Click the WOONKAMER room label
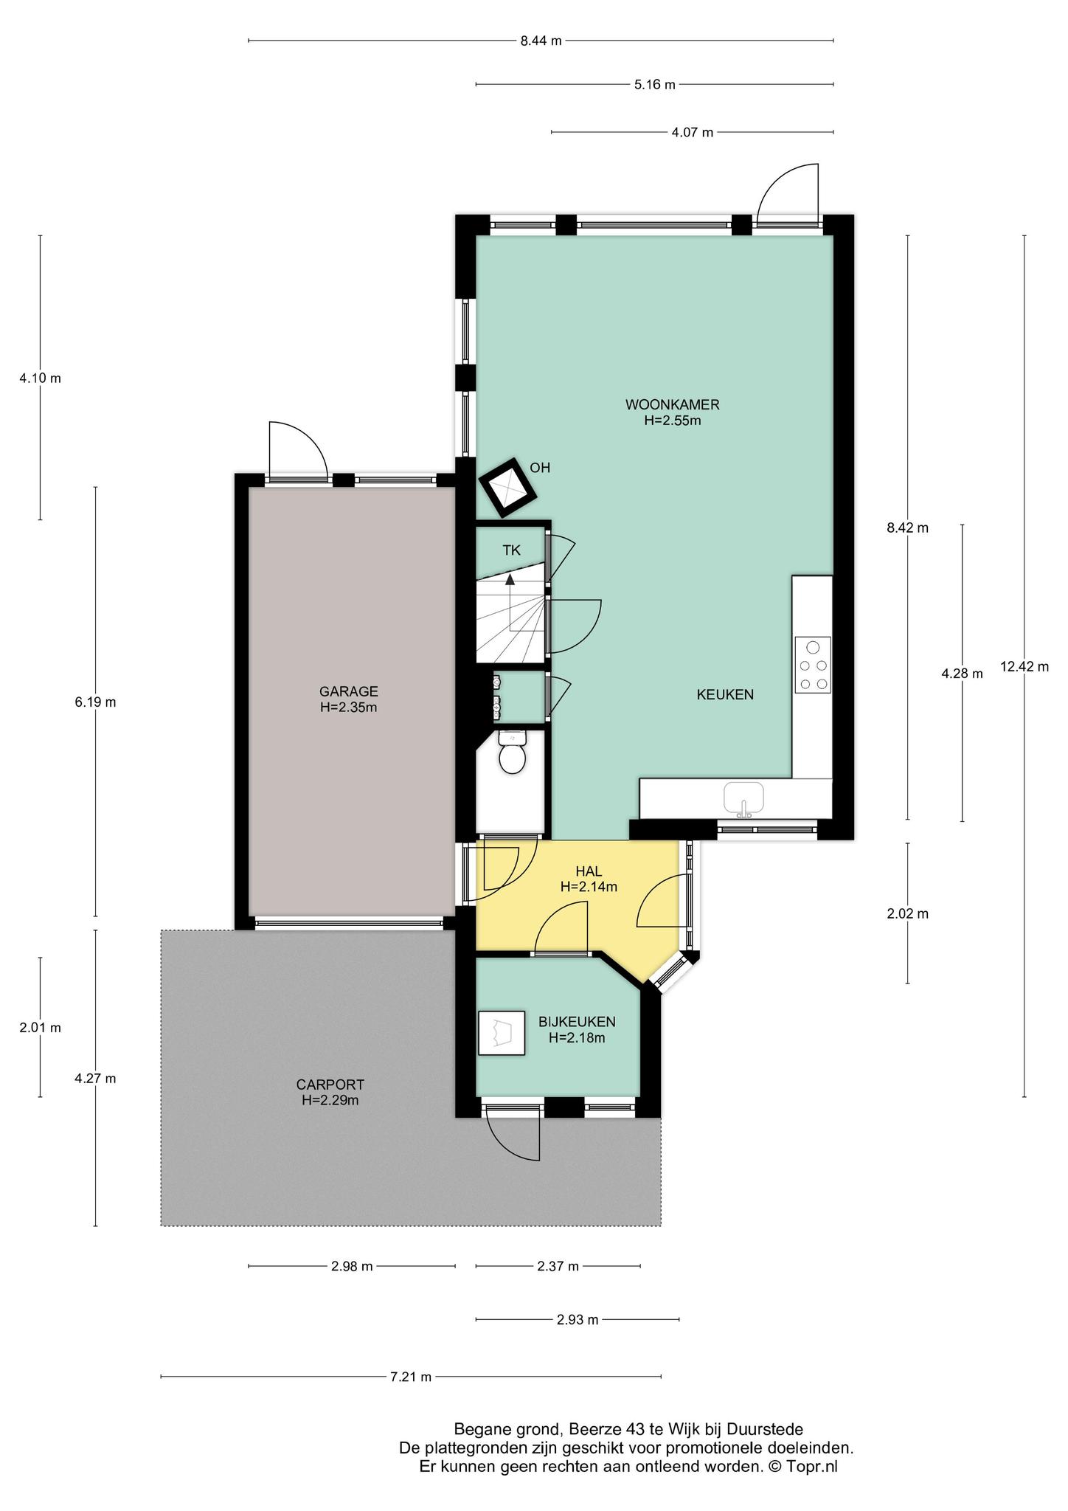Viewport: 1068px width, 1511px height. pos(672,404)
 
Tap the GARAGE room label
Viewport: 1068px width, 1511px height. pos(349,691)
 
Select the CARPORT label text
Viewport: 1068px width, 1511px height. pos(330,1085)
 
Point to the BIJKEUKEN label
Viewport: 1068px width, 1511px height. pos(577,1022)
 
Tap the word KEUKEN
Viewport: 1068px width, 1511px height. pos(725,694)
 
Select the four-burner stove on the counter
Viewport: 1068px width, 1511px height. pos(813,665)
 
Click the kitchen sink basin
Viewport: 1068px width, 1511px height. pos(744,798)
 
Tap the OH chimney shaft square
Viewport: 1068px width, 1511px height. pos(508,488)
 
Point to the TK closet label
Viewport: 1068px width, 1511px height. pos(511,550)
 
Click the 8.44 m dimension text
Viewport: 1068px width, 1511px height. pos(541,41)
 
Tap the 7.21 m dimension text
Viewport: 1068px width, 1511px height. pos(410,1376)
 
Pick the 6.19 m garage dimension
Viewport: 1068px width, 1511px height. pos(95,702)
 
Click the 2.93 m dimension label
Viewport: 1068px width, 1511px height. pos(578,1319)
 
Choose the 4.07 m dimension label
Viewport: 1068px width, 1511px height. pos(692,133)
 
